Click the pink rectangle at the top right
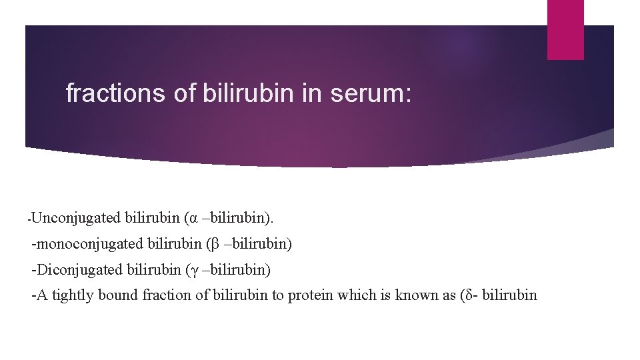[x=565, y=29]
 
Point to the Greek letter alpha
[x=193, y=218]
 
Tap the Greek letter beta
[x=215, y=245]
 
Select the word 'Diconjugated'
[x=78, y=269]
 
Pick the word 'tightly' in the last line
[x=73, y=295]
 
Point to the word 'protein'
[x=310, y=295]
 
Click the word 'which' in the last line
[x=357, y=295]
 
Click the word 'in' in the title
[x=311, y=93]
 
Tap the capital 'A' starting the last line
[x=42, y=295]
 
